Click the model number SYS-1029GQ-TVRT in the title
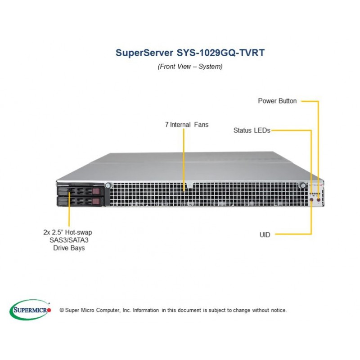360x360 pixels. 220,53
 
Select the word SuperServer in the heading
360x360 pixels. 144,53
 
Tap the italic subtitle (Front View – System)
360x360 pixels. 190,67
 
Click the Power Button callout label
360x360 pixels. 277,101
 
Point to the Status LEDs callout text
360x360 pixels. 252,130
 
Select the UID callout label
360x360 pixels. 265,234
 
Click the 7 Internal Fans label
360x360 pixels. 187,125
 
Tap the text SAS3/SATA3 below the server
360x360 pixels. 69,240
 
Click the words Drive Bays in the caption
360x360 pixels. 69,248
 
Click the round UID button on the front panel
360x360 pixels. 311,200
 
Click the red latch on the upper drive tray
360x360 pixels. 96,191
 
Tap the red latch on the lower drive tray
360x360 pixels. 96,201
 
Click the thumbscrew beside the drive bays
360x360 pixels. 108,185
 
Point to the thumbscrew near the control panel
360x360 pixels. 303,185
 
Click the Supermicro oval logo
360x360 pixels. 30,310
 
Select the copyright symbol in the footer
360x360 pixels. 62,310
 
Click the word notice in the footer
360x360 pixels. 279,310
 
